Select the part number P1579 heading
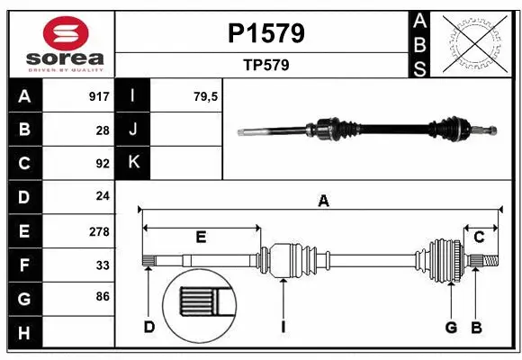pos(264,33)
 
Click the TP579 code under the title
pos(264,66)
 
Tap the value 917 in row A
pos(99,96)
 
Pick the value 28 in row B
pos(102,130)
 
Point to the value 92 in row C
pos(102,164)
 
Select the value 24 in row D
pos(102,196)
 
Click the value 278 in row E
pos(99,230)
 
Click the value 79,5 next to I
pos(206,96)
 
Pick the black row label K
pos(133,163)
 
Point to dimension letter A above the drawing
pos(323,202)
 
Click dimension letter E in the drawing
pos(201,238)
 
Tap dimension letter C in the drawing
pos(479,238)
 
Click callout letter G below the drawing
pos(451,327)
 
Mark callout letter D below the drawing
pos(149,327)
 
